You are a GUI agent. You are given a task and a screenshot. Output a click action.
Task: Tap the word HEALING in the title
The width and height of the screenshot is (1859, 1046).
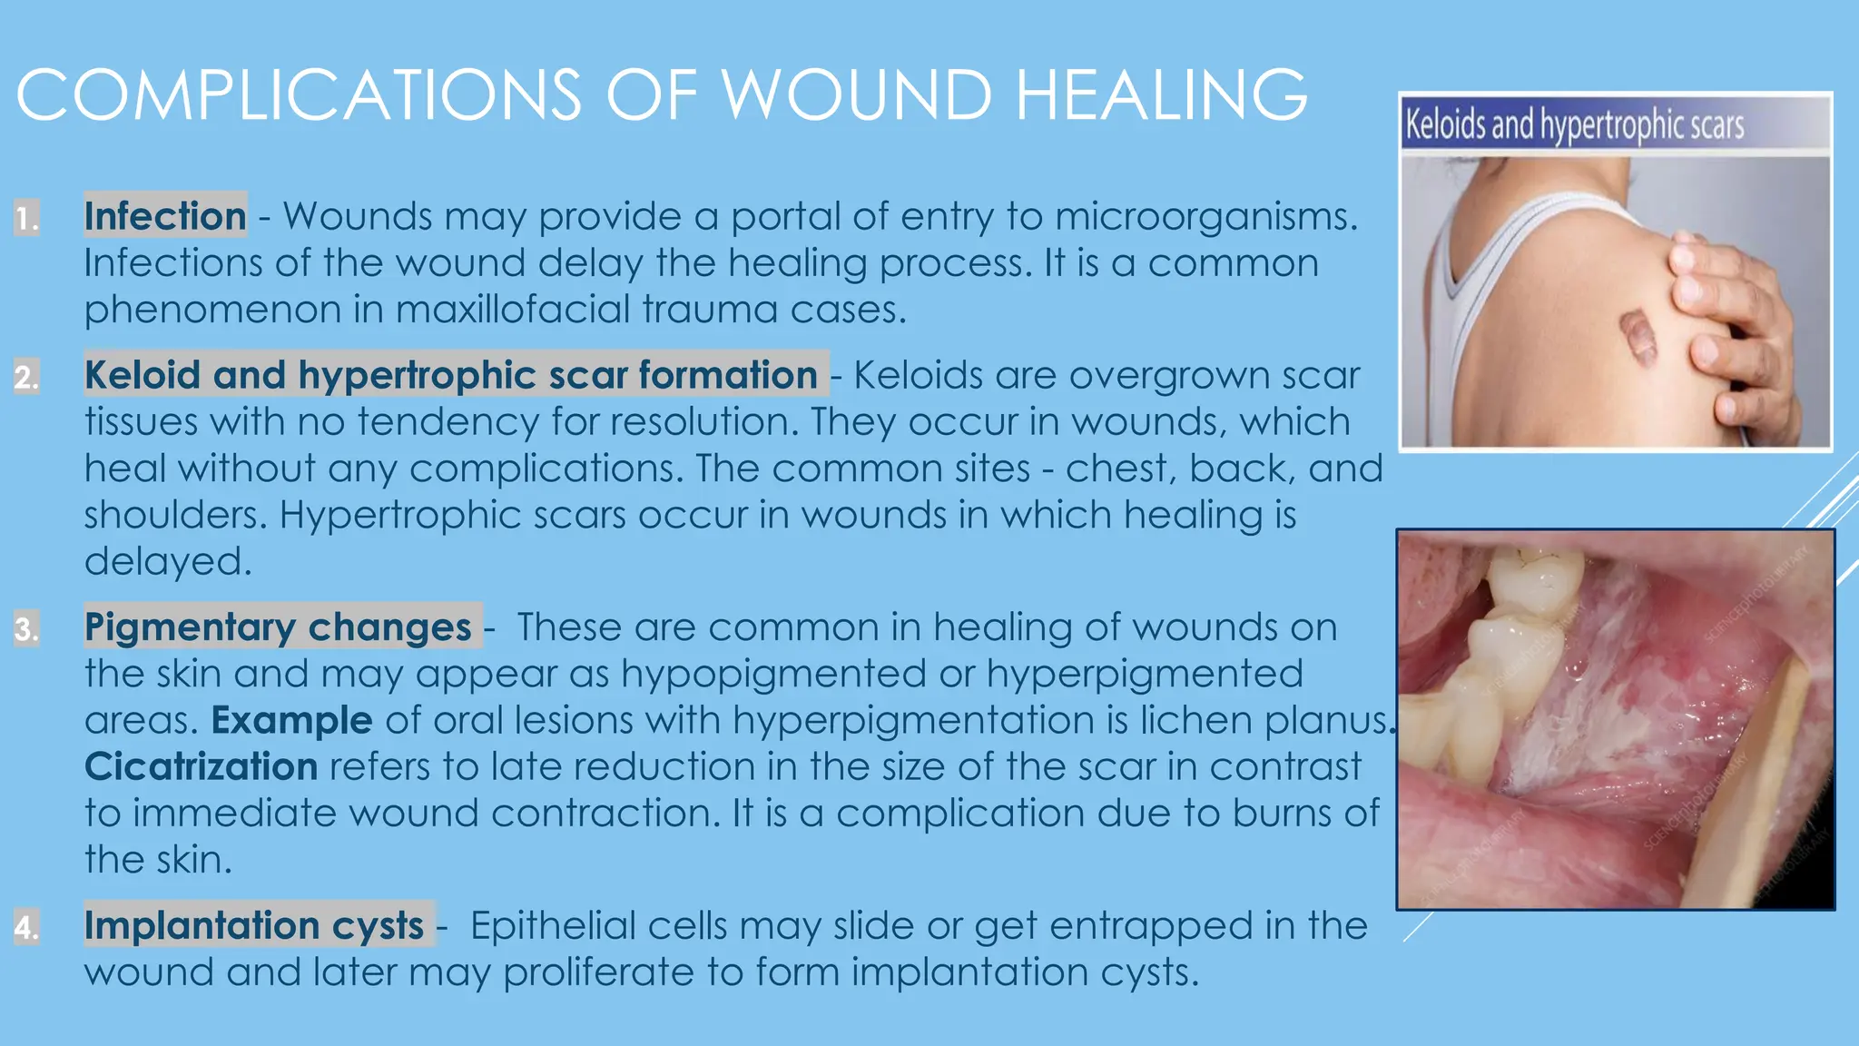pos(1161,94)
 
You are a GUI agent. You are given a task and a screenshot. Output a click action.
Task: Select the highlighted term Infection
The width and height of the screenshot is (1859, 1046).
pos(165,216)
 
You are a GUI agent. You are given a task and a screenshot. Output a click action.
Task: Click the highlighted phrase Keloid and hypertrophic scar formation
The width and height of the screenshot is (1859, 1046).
pos(451,375)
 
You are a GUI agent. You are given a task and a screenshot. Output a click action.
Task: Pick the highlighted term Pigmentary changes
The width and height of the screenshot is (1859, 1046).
pos(278,627)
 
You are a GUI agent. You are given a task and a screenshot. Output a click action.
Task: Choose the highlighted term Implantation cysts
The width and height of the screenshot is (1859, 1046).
pos(254,925)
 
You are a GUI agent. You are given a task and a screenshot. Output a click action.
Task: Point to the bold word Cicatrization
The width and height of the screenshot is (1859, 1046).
pos(201,766)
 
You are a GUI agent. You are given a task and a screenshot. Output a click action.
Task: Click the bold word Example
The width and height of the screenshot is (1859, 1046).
pos(291,720)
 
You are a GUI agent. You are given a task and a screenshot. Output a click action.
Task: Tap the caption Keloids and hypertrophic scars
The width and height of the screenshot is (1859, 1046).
pos(1574,125)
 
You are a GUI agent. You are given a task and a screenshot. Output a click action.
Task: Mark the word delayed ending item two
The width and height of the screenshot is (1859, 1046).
pos(167,561)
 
